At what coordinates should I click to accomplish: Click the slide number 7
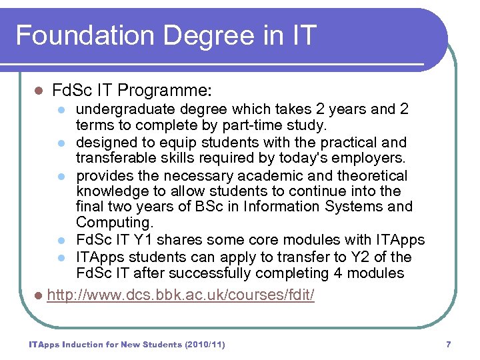(x=448, y=345)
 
